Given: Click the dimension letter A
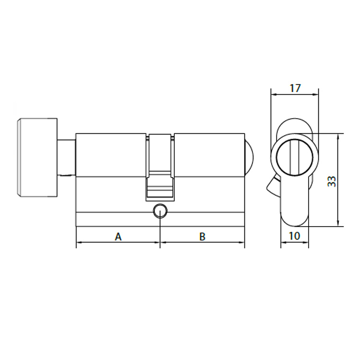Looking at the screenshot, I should tap(118, 237).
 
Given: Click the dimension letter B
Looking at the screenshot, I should tap(203, 237).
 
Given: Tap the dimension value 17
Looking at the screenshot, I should tap(295, 88).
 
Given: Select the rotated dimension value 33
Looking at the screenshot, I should tap(331, 181).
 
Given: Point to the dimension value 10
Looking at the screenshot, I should tap(295, 236).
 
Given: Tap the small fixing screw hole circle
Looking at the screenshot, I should tap(159, 211).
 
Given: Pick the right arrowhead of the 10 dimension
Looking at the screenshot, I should tap(307, 242).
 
